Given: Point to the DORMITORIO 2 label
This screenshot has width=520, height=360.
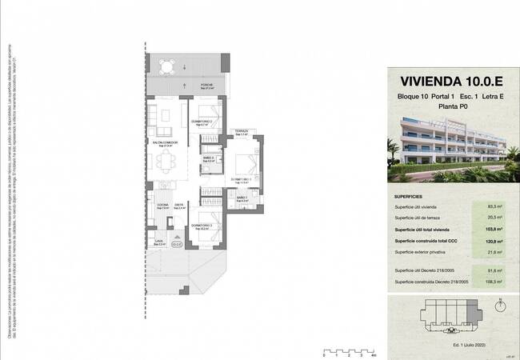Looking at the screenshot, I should [x=200, y=122].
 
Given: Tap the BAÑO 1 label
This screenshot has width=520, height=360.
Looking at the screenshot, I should [x=241, y=197].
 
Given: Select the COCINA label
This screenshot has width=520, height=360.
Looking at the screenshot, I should [x=162, y=205].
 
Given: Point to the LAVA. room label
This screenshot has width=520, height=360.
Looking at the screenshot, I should [x=159, y=241].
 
